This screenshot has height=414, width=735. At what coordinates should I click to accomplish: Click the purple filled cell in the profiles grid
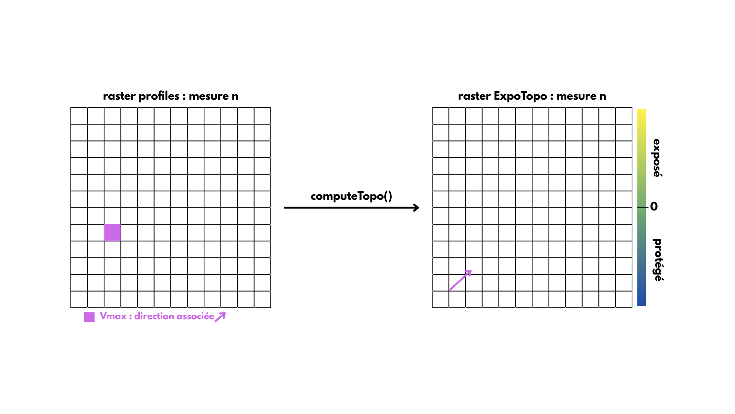[x=112, y=232]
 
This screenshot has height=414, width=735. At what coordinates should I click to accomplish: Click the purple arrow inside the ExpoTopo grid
[x=461, y=280]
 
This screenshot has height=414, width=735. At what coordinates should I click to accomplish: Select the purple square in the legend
[x=89, y=317]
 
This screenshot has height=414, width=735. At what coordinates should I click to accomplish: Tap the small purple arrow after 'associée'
[x=220, y=317]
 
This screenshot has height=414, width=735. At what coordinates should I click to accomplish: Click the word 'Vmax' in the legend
[x=113, y=316]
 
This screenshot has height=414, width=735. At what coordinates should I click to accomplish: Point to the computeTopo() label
[x=351, y=196]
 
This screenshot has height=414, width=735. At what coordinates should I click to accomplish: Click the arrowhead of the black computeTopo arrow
[x=416, y=208]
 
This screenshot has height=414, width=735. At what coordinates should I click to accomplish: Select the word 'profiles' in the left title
[x=159, y=96]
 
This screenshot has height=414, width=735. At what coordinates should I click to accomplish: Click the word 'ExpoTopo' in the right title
[x=520, y=96]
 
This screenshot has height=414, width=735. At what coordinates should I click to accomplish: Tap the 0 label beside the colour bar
[x=654, y=207]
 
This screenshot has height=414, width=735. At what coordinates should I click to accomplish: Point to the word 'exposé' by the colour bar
[x=657, y=158]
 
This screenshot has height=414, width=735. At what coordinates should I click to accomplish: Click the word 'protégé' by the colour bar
[x=657, y=260]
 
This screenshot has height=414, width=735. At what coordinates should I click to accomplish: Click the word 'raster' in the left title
[x=119, y=96]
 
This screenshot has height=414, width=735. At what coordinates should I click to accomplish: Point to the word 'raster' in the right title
[x=474, y=96]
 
